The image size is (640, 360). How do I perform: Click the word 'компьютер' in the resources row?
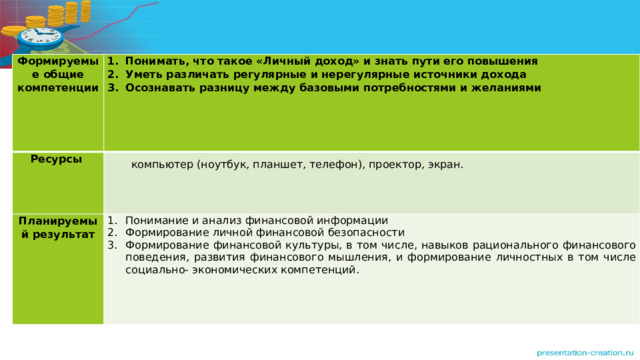(161, 165)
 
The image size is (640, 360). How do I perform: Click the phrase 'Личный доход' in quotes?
(311, 59)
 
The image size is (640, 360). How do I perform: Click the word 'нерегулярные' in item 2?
(350, 73)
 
